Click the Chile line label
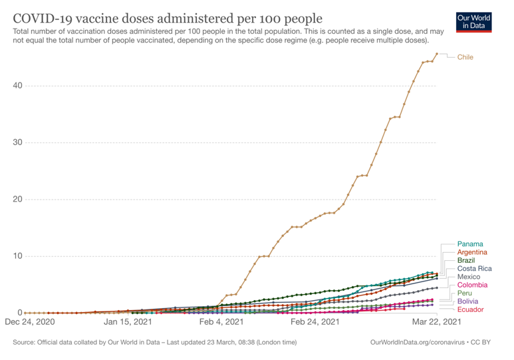465,57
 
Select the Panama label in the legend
470,244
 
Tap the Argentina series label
472,252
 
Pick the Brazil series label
466,260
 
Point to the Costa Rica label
474,269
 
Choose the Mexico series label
469,277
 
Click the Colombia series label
472,285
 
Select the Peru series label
465,293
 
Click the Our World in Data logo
475,21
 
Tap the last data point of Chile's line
436,54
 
